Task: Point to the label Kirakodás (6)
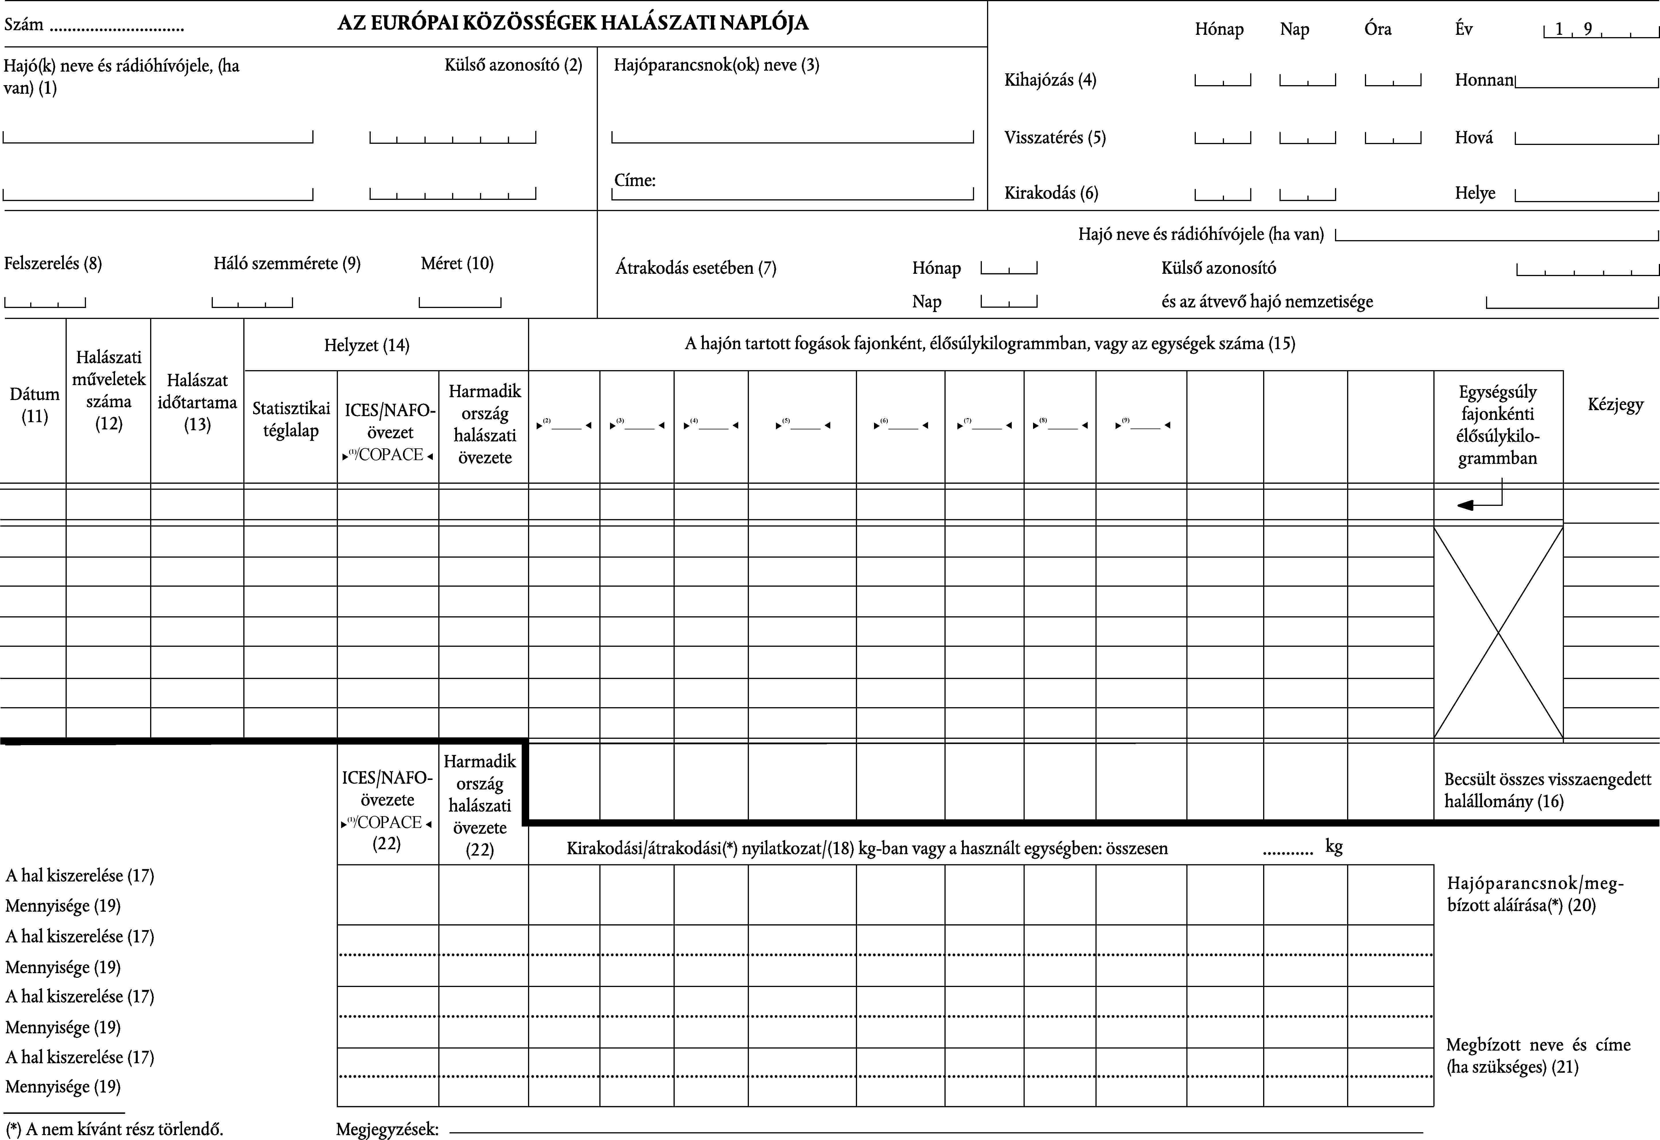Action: click(x=1051, y=193)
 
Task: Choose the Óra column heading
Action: click(x=1377, y=29)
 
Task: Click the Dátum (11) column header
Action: click(x=34, y=405)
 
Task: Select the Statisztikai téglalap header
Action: click(x=291, y=419)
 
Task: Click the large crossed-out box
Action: click(x=1498, y=632)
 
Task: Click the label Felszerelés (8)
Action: click(x=53, y=263)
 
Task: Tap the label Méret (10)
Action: click(x=457, y=263)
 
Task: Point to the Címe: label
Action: click(x=634, y=180)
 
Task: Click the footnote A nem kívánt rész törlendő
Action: click(x=114, y=1129)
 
